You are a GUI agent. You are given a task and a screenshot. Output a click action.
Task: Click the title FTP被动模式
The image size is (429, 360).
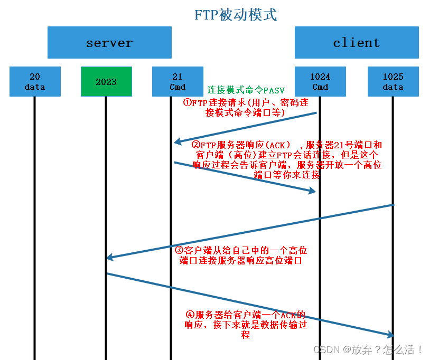236,14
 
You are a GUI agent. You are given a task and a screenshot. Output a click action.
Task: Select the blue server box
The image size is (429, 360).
109,43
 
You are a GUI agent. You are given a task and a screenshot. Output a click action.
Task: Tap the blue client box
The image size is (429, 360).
356,43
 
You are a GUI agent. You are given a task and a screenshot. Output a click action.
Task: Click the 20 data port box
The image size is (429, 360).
34,82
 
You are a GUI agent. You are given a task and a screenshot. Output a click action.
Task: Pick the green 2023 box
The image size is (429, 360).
106,82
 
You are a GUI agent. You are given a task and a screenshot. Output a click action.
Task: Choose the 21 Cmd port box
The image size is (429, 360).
178,82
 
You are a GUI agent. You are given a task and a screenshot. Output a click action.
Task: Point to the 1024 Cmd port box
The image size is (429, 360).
320,82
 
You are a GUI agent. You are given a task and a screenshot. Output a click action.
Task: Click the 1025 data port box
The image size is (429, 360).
393,82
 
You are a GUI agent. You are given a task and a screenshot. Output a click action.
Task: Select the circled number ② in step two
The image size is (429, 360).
195,145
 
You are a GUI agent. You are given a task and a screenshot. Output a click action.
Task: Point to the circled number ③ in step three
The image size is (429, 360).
179,250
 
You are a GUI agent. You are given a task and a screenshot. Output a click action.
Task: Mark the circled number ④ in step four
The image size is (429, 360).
190,315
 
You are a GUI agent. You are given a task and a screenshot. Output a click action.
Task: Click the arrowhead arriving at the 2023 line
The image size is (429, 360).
109,258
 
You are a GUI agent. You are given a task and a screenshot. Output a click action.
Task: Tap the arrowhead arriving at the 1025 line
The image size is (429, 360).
390,335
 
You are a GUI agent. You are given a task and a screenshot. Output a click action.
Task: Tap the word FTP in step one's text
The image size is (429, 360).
199,103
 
